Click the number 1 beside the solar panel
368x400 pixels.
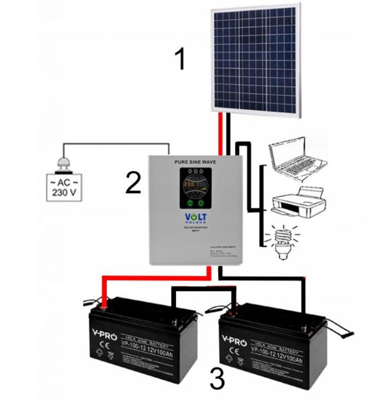point(180,60)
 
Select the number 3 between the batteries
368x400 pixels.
point(217,378)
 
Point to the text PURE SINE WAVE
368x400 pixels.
point(196,164)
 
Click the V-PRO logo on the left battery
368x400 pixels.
point(100,333)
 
